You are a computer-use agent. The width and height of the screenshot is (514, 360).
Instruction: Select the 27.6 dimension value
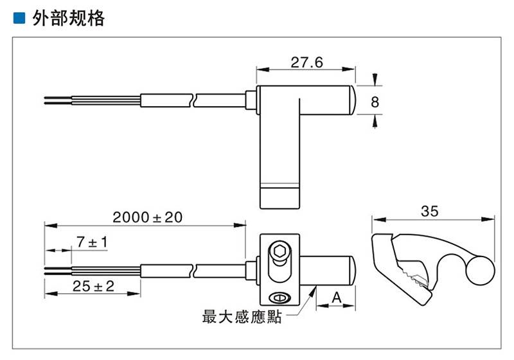pyautogui.click(x=306, y=62)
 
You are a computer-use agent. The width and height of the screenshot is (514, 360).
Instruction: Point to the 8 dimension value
pyautogui.click(x=375, y=102)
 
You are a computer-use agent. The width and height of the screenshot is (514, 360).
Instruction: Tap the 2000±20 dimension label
pyautogui.click(x=147, y=217)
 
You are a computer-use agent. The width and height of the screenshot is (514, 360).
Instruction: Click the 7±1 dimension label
pyautogui.click(x=91, y=242)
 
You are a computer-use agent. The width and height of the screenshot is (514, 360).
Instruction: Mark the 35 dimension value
pyautogui.click(x=430, y=210)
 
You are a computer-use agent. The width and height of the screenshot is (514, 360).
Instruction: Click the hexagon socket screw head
pyautogui.click(x=279, y=252)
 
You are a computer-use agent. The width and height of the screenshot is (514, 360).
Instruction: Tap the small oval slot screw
pyautogui.click(x=279, y=297)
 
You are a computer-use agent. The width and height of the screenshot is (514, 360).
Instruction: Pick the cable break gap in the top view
pyautogui.click(x=194, y=100)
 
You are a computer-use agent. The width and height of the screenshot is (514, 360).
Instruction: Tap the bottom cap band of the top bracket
pyautogui.click(x=279, y=197)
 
